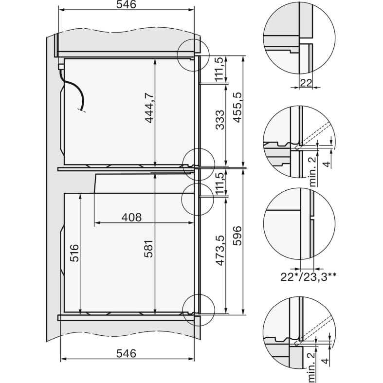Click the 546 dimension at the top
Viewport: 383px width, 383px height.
coord(126,4)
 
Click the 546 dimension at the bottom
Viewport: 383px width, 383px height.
coord(126,353)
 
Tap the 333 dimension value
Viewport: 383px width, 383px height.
coord(220,120)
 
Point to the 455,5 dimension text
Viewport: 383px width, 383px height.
coord(237,107)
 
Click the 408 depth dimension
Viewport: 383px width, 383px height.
coord(132,217)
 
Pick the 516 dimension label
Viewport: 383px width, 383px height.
coord(75,253)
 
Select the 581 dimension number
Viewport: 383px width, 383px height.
coord(148,249)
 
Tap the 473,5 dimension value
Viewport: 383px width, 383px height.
coord(220,250)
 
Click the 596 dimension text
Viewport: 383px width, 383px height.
coord(237,236)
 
